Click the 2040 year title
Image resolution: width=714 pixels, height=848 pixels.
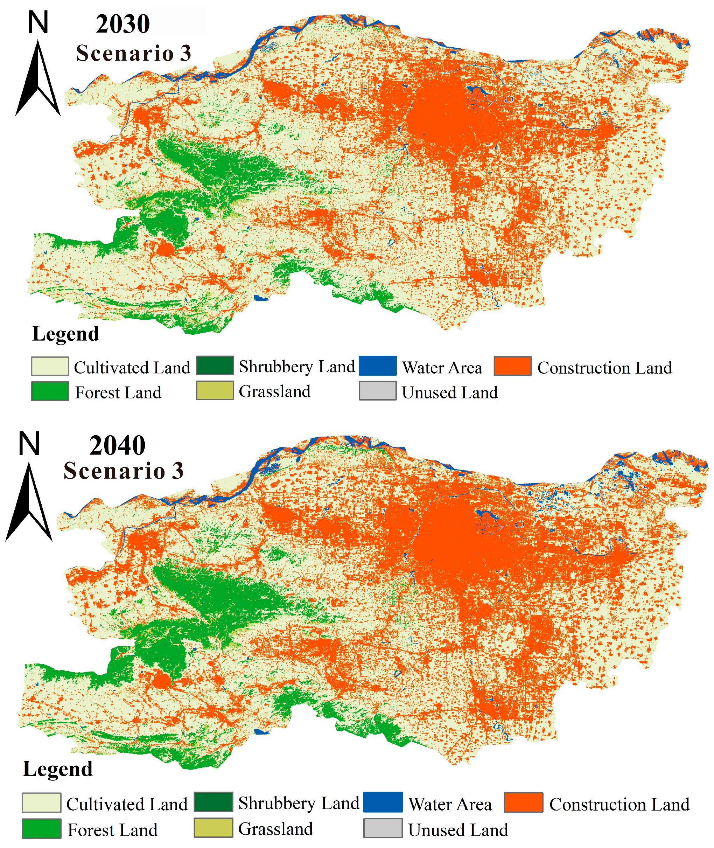coord(117,445)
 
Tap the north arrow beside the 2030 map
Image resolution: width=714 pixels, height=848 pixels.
coord(38,79)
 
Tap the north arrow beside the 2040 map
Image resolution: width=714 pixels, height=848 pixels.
coord(29,502)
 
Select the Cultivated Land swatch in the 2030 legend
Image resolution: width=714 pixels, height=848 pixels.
coord(50,367)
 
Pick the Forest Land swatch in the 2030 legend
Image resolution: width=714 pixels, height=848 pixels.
coord(50,391)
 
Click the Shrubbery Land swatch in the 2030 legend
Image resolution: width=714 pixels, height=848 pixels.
coord(215,366)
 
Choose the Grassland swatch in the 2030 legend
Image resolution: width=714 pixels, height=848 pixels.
coord(215,390)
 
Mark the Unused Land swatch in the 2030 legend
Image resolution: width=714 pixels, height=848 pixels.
coord(378,391)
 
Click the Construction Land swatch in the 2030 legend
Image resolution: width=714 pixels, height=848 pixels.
coord(512,366)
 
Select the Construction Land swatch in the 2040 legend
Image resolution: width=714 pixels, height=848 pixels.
coord(523,802)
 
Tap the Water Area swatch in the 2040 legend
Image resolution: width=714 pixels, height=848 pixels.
coord(383,802)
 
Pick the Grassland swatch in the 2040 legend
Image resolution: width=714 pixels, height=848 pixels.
coord(213,828)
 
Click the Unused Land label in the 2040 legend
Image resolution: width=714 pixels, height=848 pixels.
coord(458,830)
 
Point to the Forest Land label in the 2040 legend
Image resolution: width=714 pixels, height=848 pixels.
coord(112,830)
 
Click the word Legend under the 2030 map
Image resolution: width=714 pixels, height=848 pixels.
coord(65,334)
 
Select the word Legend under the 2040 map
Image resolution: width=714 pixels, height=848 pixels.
coord(58,769)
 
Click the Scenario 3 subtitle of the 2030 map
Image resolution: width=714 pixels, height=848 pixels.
coord(134,54)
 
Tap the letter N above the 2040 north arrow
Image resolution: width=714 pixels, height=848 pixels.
coord(29,444)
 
